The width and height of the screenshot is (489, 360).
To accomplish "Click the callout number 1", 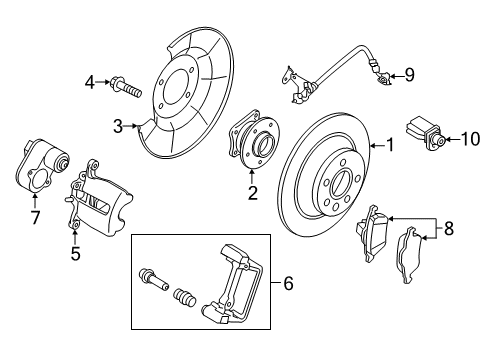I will (390, 147).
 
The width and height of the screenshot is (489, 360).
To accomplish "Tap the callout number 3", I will (117, 127).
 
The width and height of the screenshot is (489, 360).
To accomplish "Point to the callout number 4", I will (88, 82).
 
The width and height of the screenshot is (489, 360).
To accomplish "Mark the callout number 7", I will (35, 217).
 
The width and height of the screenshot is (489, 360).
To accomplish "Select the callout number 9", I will (408, 75).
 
